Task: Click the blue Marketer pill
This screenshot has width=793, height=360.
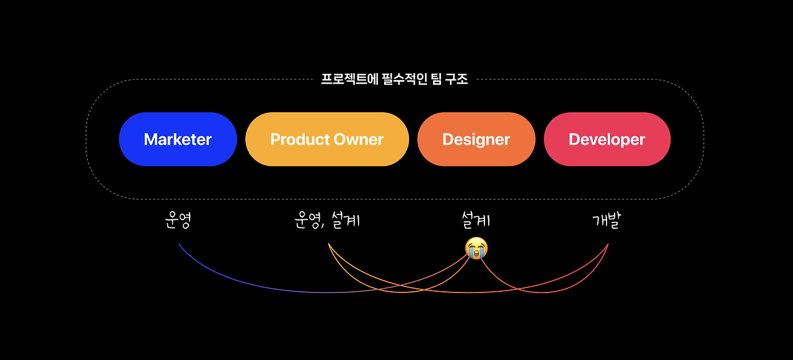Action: click(178, 139)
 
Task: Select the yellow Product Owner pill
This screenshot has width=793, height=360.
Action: click(327, 139)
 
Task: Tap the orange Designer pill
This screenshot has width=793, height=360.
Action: click(476, 139)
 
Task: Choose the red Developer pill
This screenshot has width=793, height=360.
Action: click(607, 139)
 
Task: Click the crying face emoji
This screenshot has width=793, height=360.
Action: click(476, 248)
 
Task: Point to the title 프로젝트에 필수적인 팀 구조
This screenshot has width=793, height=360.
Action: click(395, 79)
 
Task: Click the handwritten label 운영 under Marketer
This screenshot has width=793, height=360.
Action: click(178, 221)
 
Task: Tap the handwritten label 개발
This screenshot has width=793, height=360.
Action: click(606, 221)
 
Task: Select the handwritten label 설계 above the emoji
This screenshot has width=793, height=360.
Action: click(476, 219)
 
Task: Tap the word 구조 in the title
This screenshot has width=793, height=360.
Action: click(457, 79)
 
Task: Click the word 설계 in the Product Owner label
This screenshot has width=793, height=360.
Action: click(346, 221)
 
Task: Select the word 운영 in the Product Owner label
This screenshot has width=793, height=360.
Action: click(308, 221)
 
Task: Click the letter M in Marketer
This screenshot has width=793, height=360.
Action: click(151, 139)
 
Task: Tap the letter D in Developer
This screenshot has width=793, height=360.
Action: click(574, 139)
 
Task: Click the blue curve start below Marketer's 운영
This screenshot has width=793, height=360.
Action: click(179, 244)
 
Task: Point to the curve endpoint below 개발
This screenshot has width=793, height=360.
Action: click(608, 244)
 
